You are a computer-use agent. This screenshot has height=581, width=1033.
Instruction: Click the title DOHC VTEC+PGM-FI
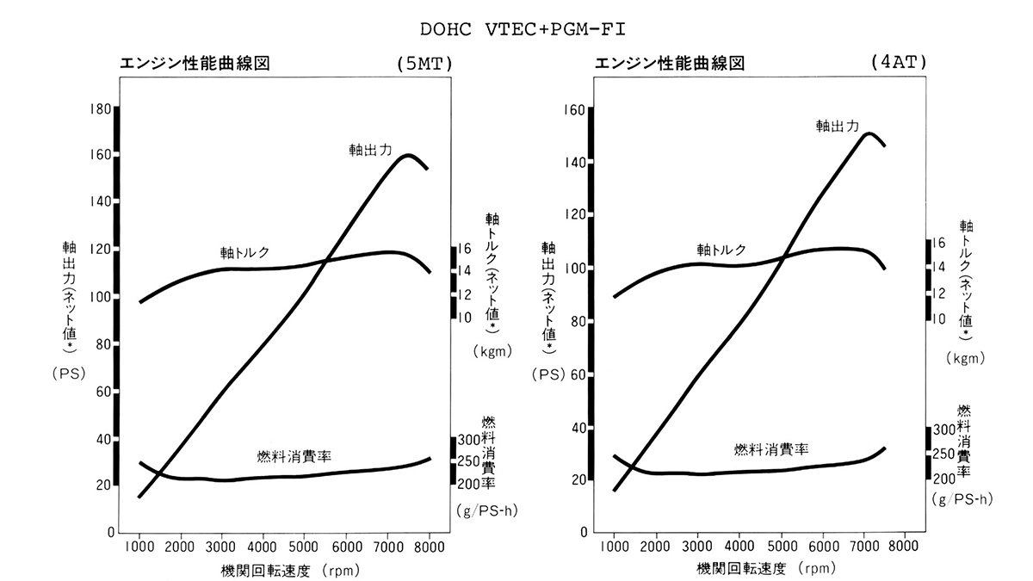tap(523, 28)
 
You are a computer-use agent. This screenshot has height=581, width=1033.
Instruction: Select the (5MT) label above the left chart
tap(424, 64)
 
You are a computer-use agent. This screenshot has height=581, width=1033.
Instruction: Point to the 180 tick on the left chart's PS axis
tap(101, 108)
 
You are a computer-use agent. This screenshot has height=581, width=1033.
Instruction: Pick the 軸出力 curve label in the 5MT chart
tap(371, 149)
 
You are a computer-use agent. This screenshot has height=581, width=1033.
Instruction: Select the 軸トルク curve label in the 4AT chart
tap(721, 250)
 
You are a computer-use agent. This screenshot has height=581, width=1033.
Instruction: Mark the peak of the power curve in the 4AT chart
tap(869, 133)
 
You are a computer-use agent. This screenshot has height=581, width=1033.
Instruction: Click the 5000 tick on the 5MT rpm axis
tap(304, 547)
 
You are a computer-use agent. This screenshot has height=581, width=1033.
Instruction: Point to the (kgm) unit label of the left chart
tap(492, 350)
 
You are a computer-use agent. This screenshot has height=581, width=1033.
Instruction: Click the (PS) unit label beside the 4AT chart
tap(547, 374)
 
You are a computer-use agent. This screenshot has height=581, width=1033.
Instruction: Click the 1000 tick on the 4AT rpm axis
tap(615, 546)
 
